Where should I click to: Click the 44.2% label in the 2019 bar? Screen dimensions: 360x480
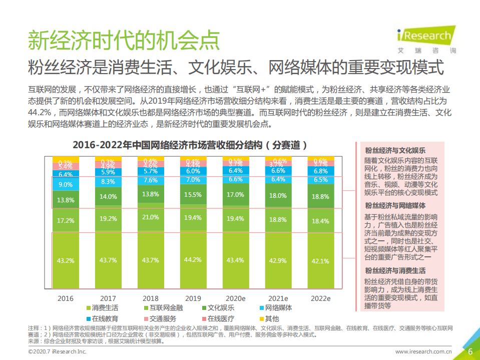click(x=193, y=260)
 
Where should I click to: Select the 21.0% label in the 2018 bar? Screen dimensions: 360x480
click(x=151, y=217)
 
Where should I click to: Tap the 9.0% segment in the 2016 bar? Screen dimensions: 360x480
click(x=66, y=184)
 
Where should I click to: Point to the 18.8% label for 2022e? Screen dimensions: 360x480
click(x=320, y=197)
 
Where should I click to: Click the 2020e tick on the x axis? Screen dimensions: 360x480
click(x=235, y=298)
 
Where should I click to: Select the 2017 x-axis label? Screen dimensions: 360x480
click(x=108, y=298)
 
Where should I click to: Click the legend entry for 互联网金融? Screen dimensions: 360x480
click(x=163, y=308)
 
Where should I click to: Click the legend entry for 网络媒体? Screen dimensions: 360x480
click(x=275, y=308)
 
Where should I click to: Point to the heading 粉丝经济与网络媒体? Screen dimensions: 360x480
click(x=395, y=205)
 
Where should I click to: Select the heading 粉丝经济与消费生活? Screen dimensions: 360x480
click(x=395, y=270)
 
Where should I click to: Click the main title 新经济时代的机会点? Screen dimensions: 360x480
click(x=123, y=41)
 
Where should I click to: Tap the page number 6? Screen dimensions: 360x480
click(x=470, y=351)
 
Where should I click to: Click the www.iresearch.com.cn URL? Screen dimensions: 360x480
click(x=423, y=352)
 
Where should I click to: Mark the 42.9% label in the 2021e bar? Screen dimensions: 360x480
click(x=278, y=260)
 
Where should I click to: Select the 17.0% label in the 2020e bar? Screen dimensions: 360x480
click(x=235, y=195)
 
